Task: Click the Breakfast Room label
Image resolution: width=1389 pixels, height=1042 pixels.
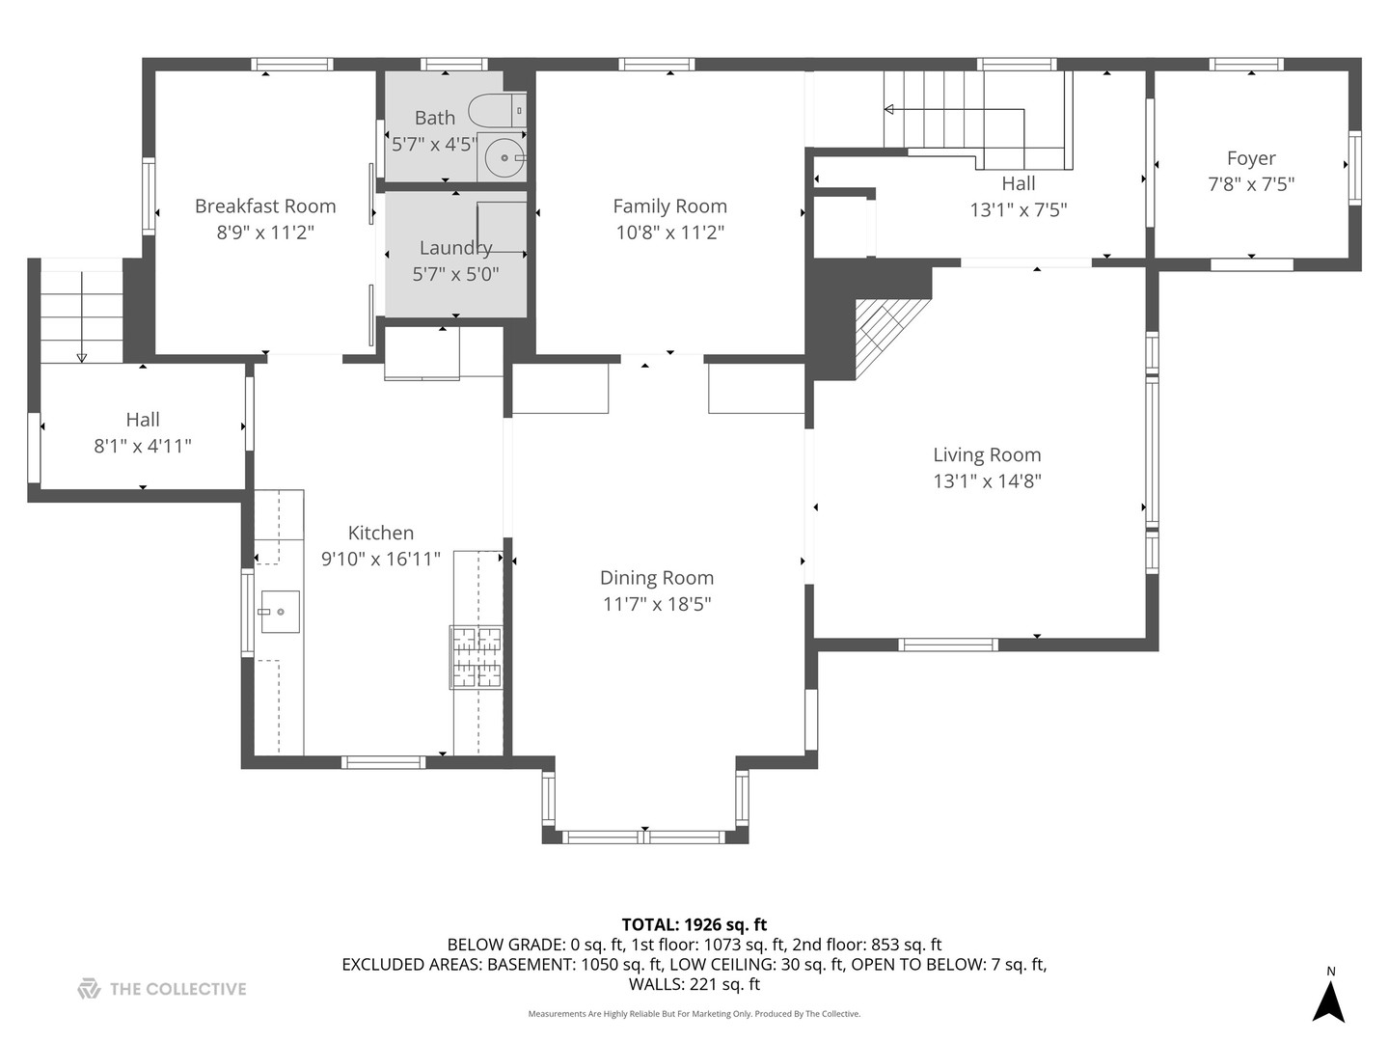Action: (x=265, y=206)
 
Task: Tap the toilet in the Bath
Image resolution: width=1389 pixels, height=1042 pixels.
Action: (x=498, y=111)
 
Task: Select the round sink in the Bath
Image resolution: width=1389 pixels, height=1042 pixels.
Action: (x=504, y=157)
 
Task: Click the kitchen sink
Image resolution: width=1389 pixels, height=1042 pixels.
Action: (x=281, y=612)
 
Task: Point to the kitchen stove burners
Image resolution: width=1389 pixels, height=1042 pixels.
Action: (x=477, y=657)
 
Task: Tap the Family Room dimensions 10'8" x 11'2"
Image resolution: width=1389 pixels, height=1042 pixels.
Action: (x=670, y=233)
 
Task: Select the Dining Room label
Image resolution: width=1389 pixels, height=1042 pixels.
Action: (x=657, y=578)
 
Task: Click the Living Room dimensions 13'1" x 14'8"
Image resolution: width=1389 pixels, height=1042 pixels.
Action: (x=987, y=481)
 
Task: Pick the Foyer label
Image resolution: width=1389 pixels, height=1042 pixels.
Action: (x=1251, y=158)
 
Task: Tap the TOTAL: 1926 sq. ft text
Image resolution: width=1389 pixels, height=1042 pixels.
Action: (x=694, y=925)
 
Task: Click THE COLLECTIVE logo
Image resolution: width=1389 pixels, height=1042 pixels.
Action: (x=162, y=989)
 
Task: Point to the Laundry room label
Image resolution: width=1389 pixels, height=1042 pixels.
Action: (x=455, y=247)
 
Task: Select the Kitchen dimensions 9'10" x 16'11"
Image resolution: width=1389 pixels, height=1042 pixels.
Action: (x=381, y=560)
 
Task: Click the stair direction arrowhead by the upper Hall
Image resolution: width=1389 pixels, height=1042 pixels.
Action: (x=889, y=109)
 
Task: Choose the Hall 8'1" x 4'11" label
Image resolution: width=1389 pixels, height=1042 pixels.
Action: (x=143, y=433)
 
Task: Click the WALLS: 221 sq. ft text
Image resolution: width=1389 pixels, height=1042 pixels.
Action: (x=694, y=984)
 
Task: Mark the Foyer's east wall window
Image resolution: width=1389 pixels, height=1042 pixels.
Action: (x=1354, y=168)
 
